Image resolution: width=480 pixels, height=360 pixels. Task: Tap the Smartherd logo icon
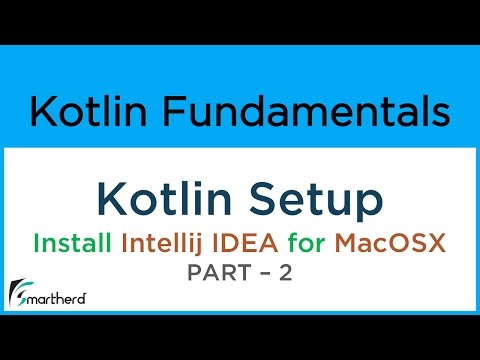(x=21, y=293)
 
